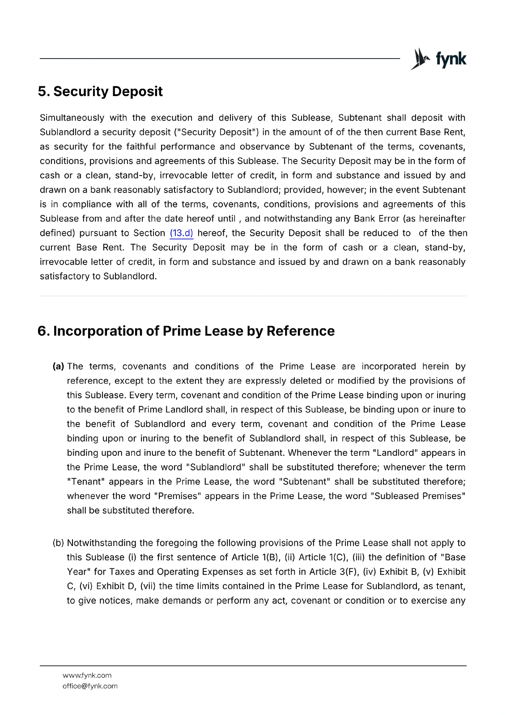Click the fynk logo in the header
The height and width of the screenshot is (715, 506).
438,59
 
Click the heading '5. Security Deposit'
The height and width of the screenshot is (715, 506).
100,92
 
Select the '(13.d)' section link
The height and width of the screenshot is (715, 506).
181,233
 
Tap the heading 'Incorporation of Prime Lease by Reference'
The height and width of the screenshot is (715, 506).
194,331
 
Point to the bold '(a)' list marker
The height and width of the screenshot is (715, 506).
58,366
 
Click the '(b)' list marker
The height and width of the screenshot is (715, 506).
58,543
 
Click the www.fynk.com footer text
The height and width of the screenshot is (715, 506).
87,675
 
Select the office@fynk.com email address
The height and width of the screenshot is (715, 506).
90,686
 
